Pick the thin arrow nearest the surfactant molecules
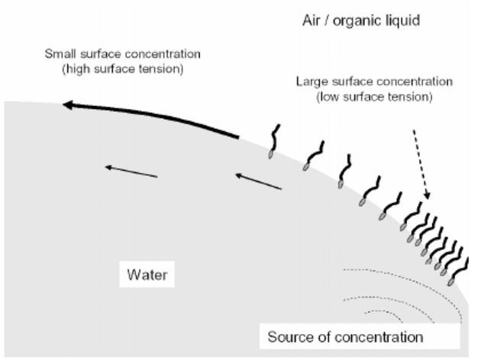(258, 182)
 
